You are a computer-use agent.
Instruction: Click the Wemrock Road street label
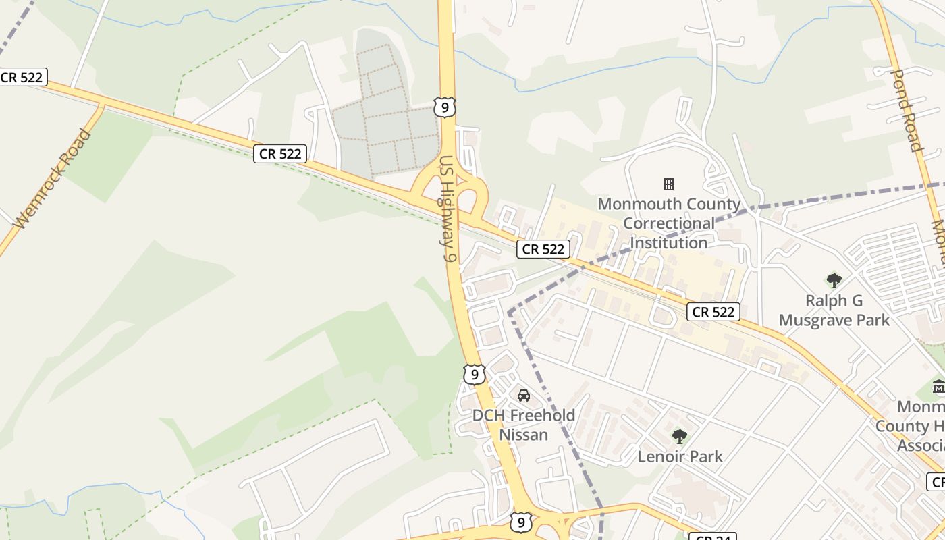click(x=53, y=179)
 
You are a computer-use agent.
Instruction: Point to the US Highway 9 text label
click(x=448, y=209)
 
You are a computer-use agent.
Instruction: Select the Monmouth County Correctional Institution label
click(x=669, y=223)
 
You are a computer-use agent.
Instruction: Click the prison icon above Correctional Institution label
click(x=669, y=184)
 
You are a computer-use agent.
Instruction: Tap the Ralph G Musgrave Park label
click(x=834, y=310)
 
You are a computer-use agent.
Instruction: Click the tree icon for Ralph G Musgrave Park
click(x=834, y=280)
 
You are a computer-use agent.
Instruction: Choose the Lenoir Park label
click(x=680, y=456)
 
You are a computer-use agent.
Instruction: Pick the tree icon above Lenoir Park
click(x=680, y=436)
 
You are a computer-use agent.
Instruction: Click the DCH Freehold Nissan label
click(x=524, y=425)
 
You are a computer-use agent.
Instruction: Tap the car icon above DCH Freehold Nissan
click(x=524, y=395)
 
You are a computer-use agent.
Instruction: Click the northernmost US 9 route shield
click(x=445, y=107)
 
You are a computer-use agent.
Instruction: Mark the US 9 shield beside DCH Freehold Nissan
click(x=474, y=374)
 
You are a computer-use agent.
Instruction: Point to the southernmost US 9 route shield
click(x=520, y=522)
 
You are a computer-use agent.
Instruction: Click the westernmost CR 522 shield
click(x=22, y=77)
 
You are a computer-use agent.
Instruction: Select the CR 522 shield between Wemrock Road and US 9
click(x=280, y=154)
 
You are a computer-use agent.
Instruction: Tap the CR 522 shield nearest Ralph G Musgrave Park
click(x=713, y=312)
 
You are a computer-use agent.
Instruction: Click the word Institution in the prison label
click(x=669, y=242)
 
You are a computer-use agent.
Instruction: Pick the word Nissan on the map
click(x=524, y=435)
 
